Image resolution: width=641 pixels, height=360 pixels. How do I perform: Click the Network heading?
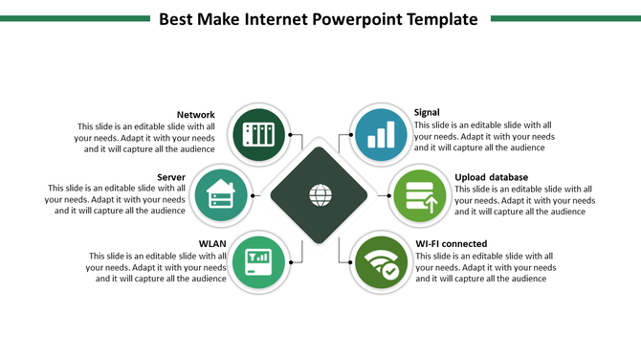coord(195,115)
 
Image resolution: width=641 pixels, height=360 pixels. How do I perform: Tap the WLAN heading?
coord(212,243)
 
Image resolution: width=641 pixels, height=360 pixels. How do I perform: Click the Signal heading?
coord(427,113)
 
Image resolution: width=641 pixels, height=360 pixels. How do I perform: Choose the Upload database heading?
coord(491,177)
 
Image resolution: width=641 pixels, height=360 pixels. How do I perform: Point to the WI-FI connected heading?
coord(451,243)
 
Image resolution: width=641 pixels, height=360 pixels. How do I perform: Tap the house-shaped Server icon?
coord(221,195)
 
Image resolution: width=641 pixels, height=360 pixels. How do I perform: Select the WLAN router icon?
coord(258,259)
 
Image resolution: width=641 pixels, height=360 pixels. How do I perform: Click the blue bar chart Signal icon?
coord(382,134)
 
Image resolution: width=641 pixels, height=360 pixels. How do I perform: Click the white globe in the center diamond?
coord(320,195)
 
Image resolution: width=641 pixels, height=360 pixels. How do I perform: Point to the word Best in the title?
coord(178,18)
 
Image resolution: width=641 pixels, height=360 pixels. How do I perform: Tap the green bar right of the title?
coord(565,18)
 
